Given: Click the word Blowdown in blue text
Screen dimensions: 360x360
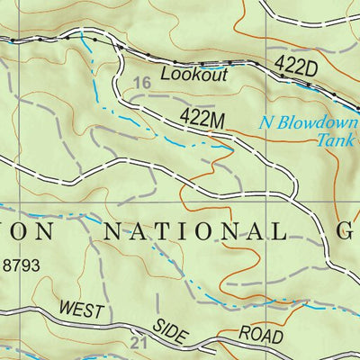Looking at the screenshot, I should pos(312,124).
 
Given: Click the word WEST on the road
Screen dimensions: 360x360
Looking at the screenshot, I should pos(83,311).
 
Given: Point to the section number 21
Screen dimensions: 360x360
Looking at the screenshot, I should pos(137,343).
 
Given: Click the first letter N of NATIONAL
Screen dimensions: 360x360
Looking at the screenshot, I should pos(112,230).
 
